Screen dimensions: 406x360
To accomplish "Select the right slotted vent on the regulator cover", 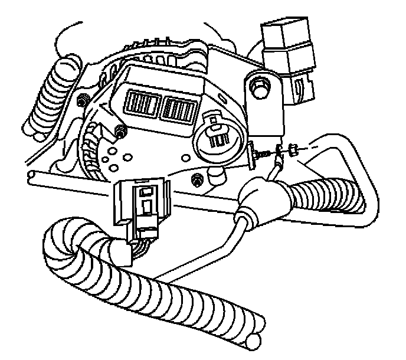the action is pos(180,107).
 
